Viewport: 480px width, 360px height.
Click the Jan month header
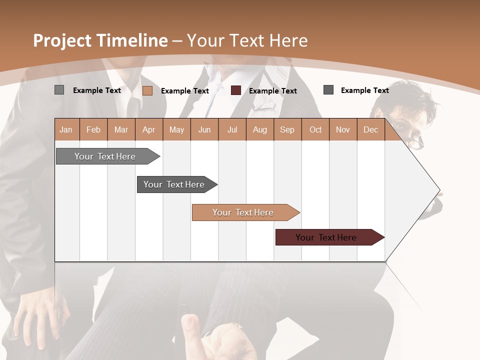pos(66,129)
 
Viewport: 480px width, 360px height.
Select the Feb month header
pos(93,129)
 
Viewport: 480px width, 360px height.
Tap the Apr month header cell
pos(149,129)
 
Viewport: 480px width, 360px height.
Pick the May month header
pos(176,129)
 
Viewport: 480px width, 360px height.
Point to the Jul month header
pos(232,129)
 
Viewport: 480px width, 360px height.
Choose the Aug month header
pos(259,129)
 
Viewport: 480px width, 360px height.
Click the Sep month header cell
pos(287,129)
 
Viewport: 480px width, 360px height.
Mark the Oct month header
pos(315,129)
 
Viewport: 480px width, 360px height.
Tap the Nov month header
pos(343,129)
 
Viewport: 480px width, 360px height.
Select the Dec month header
pos(370,129)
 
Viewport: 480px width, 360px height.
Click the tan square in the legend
pos(147,90)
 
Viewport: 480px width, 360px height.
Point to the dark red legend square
pos(236,90)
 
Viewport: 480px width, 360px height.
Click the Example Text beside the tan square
pos(185,91)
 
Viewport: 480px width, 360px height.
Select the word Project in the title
pos(62,40)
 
